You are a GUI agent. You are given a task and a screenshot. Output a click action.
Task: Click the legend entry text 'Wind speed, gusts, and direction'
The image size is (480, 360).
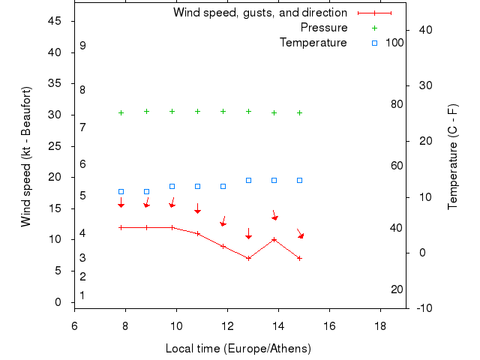(260, 13)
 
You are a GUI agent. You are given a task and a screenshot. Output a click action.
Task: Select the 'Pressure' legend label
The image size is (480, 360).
(324, 28)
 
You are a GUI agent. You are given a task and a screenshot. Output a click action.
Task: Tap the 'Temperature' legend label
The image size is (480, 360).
(313, 43)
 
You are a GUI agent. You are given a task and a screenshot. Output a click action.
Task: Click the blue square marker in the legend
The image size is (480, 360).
(375, 43)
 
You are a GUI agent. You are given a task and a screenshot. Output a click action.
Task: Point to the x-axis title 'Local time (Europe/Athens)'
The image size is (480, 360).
(238, 349)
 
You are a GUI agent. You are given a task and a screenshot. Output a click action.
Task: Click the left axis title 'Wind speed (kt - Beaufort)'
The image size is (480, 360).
(26, 157)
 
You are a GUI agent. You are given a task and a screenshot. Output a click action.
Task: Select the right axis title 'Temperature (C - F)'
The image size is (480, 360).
(453, 157)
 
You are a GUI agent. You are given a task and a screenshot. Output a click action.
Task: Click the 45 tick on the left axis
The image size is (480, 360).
(55, 21)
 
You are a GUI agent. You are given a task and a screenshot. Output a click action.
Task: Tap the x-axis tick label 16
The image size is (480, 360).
(329, 326)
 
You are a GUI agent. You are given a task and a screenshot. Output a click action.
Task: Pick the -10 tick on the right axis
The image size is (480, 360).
(424, 307)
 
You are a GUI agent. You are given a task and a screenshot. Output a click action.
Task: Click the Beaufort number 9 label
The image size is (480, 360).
(82, 46)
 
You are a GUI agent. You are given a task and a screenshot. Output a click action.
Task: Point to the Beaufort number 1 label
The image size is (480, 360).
(82, 295)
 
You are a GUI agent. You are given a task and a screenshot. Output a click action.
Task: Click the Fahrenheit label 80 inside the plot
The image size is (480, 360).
(397, 104)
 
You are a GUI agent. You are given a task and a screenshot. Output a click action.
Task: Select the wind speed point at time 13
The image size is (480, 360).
(248, 258)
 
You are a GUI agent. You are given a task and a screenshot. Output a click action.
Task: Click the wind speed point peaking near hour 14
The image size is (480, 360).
(274, 240)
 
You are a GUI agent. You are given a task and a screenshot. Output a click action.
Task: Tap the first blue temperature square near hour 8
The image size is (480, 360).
(121, 192)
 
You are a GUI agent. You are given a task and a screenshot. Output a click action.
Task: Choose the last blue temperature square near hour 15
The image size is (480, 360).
(299, 180)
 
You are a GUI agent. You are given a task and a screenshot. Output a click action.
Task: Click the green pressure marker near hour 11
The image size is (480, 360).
(197, 111)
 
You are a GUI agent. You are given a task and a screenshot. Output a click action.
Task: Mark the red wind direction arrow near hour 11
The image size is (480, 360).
(197, 208)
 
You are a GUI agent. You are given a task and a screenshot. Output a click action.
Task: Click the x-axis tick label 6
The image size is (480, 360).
(74, 326)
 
